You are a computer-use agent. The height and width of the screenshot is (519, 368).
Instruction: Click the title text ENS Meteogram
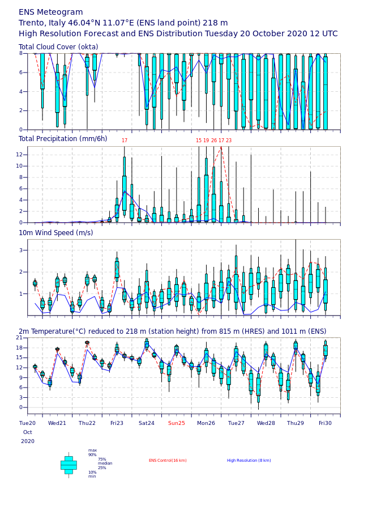(x=50, y=12)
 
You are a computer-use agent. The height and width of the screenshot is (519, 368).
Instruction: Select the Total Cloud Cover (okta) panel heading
(x=58, y=47)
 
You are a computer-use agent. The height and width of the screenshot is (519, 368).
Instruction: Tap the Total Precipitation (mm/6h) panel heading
(x=63, y=139)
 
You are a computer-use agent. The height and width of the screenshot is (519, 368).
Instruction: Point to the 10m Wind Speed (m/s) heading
(x=55, y=233)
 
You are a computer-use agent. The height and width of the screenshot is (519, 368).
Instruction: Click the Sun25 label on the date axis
(x=176, y=423)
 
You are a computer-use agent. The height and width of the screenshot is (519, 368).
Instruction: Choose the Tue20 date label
(x=27, y=423)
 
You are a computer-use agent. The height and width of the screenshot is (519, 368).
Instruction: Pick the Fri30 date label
(x=325, y=423)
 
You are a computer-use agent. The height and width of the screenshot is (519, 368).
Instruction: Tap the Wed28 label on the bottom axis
(x=266, y=423)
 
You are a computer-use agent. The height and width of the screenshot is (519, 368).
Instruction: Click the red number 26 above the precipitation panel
(x=214, y=141)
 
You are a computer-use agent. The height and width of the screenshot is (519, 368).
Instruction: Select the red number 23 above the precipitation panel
(x=229, y=141)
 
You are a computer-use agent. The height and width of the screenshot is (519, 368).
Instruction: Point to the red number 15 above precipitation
(x=199, y=141)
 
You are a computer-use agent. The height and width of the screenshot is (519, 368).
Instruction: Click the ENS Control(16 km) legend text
(x=168, y=461)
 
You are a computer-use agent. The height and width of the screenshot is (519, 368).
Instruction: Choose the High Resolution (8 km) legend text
(x=249, y=461)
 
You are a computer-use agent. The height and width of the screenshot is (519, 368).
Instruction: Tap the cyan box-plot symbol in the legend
(x=69, y=465)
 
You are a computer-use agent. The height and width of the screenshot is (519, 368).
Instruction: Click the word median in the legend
(x=105, y=463)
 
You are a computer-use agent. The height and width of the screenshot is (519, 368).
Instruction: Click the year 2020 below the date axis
(x=28, y=441)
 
